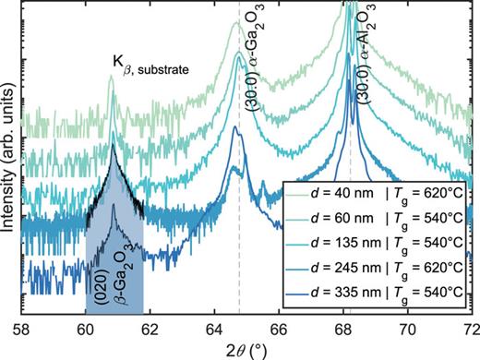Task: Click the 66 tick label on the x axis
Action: tap(279, 327)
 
